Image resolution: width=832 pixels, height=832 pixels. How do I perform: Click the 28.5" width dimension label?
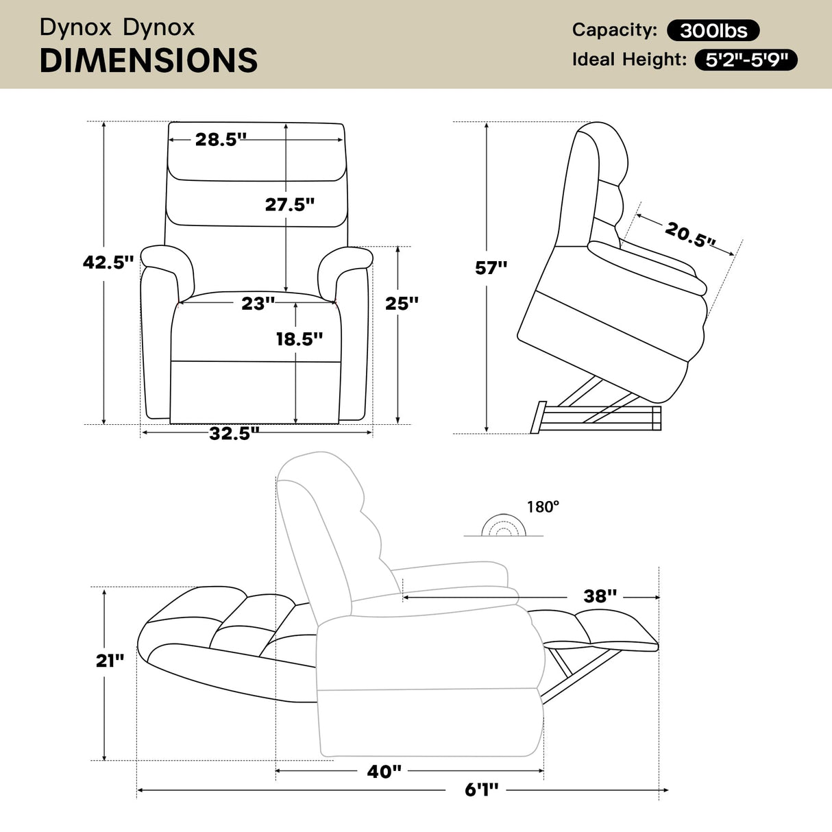pos(220,139)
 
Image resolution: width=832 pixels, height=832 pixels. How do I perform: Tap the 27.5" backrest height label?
pos(289,204)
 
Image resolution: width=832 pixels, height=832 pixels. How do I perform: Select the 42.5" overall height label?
pos(108,262)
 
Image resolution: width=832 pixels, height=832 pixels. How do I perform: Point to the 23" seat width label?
pos(258,303)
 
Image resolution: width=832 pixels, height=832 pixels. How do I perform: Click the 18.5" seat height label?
pos(299,339)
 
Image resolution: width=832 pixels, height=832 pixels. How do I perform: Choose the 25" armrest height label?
pos(402,303)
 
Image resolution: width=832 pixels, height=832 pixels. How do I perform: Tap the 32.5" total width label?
pos(234,433)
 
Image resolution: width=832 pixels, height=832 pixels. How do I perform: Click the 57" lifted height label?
pos(491,267)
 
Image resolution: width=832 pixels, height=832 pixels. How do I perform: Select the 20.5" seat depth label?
pos(689,234)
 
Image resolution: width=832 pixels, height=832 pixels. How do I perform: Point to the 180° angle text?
pos(543,506)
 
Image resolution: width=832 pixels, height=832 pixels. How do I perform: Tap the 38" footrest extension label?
pos(600,596)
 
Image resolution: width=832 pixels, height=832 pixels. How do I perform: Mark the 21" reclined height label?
pos(110,660)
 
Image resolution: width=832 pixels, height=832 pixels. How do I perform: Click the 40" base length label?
pos(384,771)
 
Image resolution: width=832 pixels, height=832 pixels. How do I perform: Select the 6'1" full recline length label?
pos(482,790)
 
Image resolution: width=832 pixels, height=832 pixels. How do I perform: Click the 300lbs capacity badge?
pos(713,30)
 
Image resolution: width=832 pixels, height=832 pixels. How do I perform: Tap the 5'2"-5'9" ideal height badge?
pos(746,60)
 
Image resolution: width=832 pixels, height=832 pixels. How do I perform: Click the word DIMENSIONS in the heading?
pos(149,61)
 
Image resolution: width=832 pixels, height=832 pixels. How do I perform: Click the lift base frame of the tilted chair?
pos(596,417)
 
